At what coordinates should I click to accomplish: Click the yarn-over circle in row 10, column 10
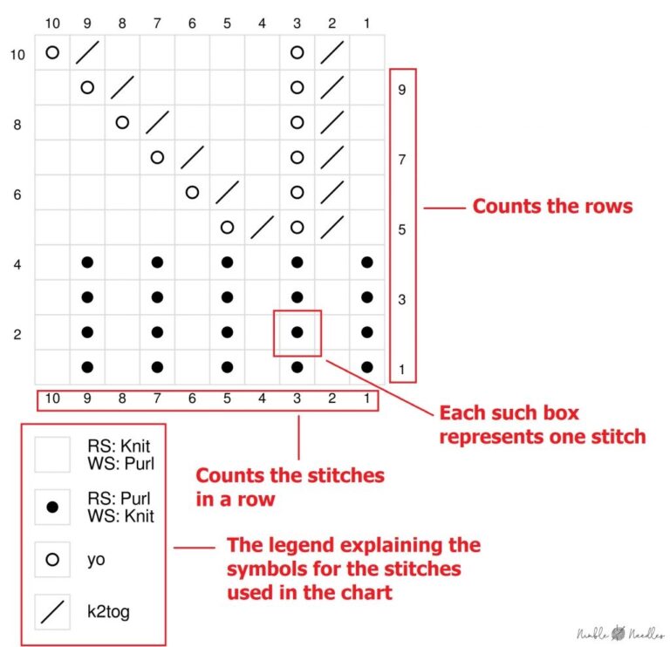coord(52,52)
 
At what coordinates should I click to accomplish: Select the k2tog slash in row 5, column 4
coord(262,228)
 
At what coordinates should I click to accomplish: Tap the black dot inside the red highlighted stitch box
coord(297,331)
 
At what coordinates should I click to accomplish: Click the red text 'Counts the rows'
coord(552,208)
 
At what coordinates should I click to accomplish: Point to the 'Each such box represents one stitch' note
coord(542,424)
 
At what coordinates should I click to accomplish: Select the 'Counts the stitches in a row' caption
coord(290,487)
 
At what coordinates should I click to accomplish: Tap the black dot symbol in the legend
coord(51,507)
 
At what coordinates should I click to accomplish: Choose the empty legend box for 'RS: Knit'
coord(51,453)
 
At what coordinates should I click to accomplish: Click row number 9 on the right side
coord(401,89)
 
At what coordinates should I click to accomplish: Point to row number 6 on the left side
coord(17,194)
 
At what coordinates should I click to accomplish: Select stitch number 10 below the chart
coord(52,401)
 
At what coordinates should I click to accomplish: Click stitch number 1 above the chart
coord(366,22)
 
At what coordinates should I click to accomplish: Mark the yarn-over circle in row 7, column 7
coord(157,158)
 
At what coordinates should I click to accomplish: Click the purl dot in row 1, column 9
coord(87,367)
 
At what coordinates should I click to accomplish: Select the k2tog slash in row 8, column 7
coord(157,123)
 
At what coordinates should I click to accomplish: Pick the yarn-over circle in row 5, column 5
coord(227,228)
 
